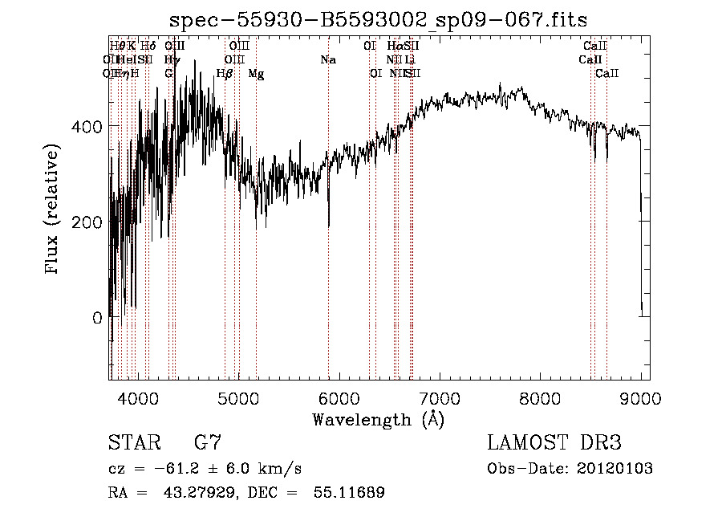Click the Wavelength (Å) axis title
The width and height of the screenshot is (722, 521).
pos(378,418)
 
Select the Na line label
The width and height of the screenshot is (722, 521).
pos(327,59)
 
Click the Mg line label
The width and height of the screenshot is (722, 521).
pos(256,74)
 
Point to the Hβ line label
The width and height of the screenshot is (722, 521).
pos(225,73)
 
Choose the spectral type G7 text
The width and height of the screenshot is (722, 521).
pos(207,442)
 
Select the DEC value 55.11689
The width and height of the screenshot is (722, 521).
pos(348,493)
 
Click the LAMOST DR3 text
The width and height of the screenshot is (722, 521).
pos(554,442)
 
